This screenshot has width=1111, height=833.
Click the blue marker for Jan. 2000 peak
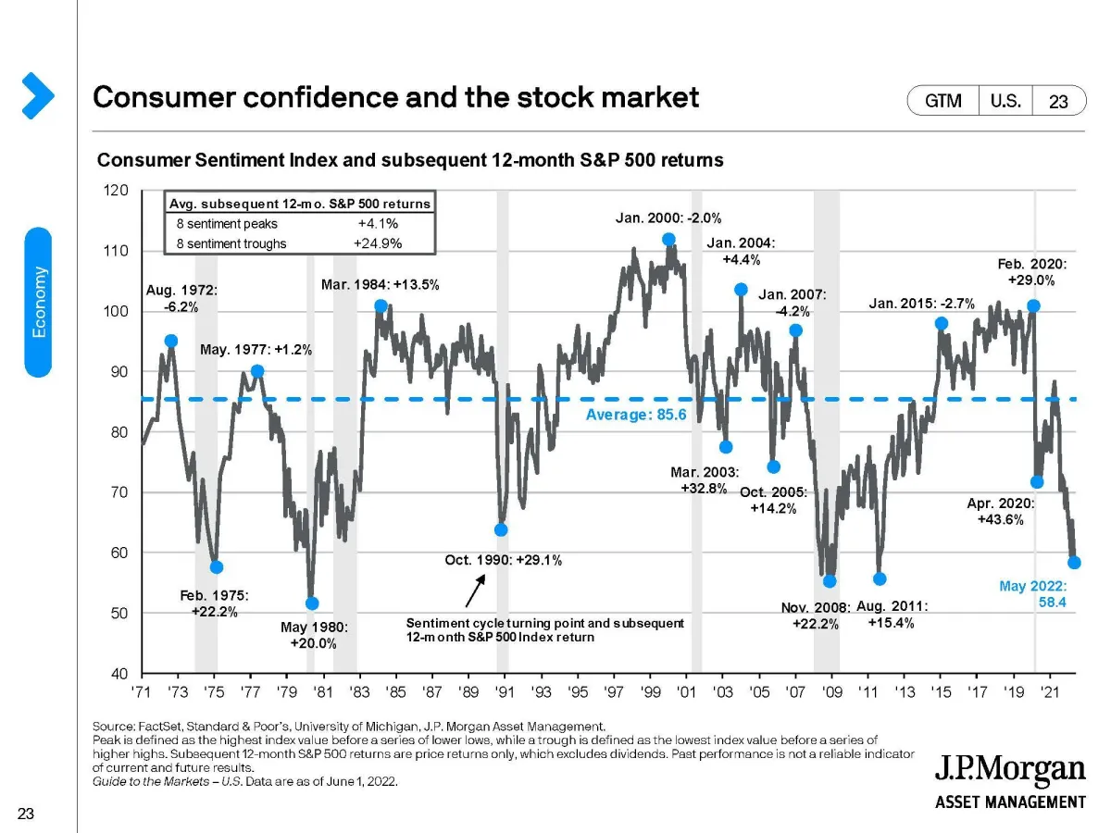(668, 239)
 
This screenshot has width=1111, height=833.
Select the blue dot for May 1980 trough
(312, 603)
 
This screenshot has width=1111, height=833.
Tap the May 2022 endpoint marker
(1074, 562)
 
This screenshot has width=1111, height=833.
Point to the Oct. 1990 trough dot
(501, 529)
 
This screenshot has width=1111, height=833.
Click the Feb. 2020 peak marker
(1033, 305)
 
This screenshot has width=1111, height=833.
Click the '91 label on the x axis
(505, 691)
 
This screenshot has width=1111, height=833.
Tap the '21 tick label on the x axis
(1050, 691)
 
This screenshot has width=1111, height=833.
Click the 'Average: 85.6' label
(636, 415)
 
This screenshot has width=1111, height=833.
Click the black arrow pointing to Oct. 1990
(473, 589)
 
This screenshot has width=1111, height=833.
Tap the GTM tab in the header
(942, 101)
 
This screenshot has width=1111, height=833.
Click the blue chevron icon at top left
(36, 95)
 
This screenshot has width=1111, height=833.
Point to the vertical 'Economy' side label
(38, 302)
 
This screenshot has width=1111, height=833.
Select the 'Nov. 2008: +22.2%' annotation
(815, 615)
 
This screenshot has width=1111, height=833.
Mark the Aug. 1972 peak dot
(170, 341)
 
